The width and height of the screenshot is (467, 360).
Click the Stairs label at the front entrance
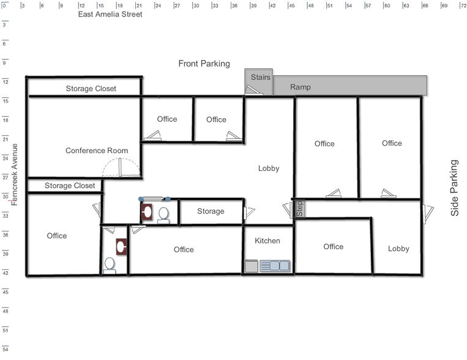[x=260, y=77]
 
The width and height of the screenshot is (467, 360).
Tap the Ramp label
[x=300, y=88]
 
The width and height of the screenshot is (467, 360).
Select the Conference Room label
[x=97, y=151]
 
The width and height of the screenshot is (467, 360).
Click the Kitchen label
[x=267, y=241]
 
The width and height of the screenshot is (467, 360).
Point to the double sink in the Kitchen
[x=275, y=266]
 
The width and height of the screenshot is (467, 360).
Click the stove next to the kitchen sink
[x=251, y=266]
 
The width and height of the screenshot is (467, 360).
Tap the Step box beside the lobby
[x=299, y=209]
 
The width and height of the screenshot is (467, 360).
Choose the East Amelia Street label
[x=110, y=14]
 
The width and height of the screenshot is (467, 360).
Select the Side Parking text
[x=454, y=188]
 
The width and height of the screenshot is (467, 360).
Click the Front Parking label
[x=204, y=64]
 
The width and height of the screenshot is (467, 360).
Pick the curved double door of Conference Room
[x=121, y=168]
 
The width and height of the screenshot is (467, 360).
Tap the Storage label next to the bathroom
[x=211, y=211]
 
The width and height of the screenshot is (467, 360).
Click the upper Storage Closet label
[x=91, y=89]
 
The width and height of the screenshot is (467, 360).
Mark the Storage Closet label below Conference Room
[x=70, y=186]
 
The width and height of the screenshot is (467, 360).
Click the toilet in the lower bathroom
[x=110, y=264]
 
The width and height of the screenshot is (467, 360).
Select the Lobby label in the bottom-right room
[x=398, y=249]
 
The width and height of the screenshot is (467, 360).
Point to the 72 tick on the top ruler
[x=462, y=6]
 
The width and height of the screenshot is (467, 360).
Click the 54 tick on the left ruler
[x=5, y=348]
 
